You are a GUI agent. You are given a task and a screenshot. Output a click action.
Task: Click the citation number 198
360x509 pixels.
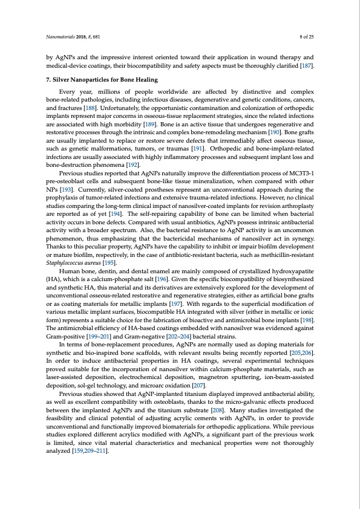[307, 313]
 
